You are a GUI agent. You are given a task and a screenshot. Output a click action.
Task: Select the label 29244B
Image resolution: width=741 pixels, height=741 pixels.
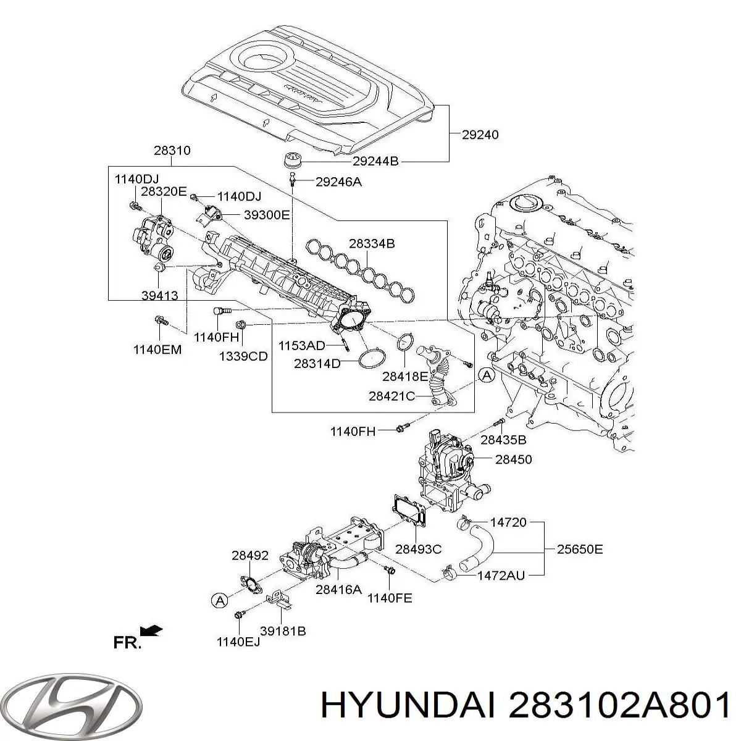click(x=375, y=162)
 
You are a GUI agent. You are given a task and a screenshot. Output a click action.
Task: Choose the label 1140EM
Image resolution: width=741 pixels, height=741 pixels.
click(x=157, y=350)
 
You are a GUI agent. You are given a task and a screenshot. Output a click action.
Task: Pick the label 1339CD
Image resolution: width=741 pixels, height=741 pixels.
click(x=243, y=356)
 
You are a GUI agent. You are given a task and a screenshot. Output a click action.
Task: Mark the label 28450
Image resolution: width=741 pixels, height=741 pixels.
click(x=513, y=459)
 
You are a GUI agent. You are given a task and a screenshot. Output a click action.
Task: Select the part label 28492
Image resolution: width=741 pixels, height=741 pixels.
click(x=250, y=555)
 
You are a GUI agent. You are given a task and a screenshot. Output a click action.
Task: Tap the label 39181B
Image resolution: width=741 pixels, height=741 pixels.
click(x=283, y=630)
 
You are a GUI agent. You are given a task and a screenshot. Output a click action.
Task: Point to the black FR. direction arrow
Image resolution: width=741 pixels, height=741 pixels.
click(x=151, y=630)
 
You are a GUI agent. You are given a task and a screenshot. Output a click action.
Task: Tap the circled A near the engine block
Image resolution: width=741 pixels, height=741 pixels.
click(x=487, y=374)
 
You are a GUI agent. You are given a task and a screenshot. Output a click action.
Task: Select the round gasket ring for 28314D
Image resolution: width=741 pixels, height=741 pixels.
click(x=370, y=359)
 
